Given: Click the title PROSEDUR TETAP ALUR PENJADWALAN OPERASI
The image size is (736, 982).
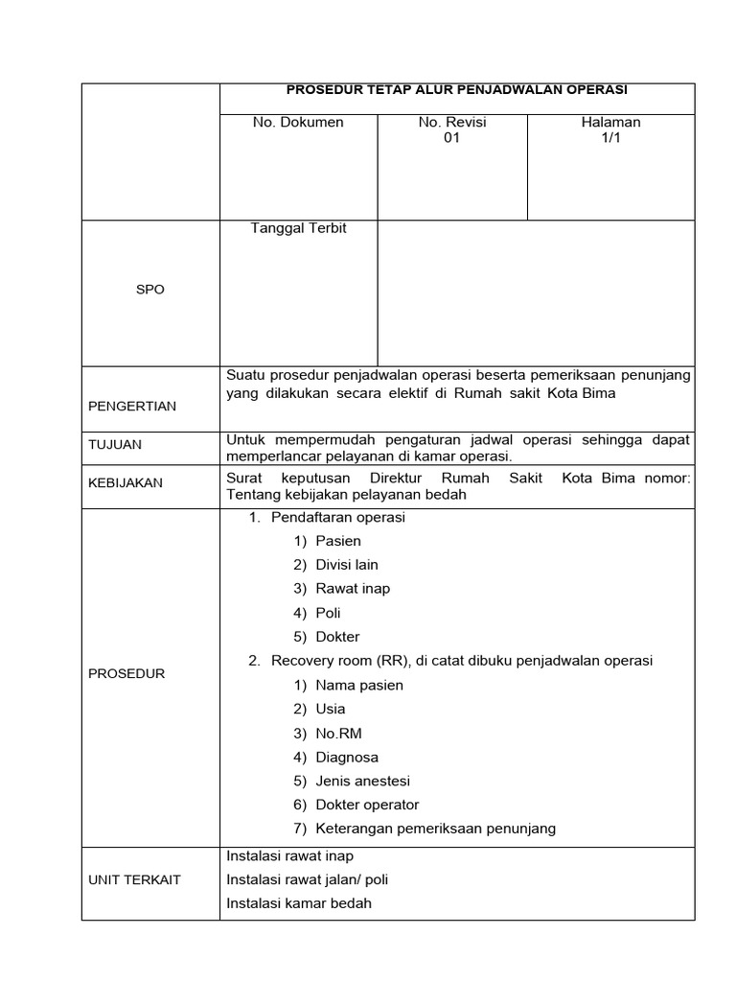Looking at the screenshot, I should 457,90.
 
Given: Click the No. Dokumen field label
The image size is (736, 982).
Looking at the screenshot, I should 298,122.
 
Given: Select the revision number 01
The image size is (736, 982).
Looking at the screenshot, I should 452,138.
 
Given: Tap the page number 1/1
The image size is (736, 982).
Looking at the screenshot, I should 610,138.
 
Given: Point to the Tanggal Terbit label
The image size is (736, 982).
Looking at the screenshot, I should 298,228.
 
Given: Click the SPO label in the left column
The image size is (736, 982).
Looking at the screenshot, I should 150,290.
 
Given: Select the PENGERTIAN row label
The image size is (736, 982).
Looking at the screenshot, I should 132,406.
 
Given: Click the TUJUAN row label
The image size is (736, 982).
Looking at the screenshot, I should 115,445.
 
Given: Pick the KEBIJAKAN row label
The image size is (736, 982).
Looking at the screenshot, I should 126,483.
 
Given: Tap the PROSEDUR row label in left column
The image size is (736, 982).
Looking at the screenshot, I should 126,673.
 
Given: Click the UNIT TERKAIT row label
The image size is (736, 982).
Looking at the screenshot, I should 134,879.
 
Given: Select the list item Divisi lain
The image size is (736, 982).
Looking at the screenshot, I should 347,565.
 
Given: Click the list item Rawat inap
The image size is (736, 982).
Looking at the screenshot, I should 353,589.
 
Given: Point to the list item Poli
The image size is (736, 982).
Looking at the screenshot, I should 328,613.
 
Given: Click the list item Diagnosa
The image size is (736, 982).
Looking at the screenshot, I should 347,757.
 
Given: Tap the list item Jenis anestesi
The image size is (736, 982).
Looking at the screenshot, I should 362,781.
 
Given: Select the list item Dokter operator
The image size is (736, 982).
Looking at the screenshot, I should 367,805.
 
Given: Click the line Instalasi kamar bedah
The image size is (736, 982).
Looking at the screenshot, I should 299,902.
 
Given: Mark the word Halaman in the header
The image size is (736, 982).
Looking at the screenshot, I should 610,122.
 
